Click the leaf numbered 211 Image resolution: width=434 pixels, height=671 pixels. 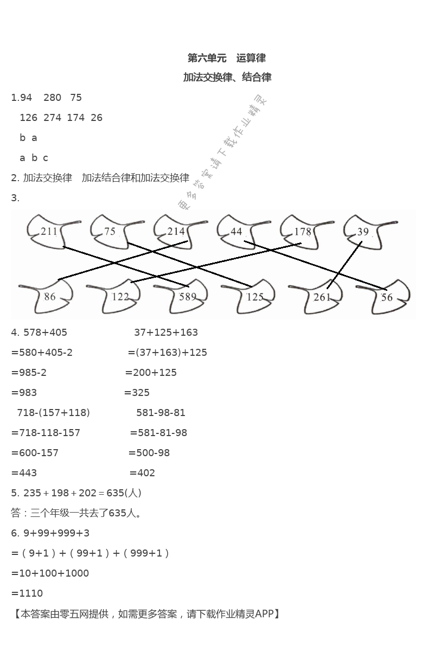tap(48, 232)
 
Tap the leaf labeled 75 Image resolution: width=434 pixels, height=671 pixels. tap(111, 232)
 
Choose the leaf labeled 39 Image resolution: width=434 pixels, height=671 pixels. tap(364, 232)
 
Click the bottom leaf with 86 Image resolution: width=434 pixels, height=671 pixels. tap(49, 297)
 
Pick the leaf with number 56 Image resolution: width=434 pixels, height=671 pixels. tap(388, 297)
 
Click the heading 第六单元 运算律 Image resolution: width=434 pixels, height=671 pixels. tap(226, 58)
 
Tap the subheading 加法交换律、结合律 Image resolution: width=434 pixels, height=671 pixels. tap(227, 77)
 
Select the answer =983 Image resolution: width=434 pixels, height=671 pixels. tap(24, 392)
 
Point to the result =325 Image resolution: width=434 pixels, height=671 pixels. tap(137, 392)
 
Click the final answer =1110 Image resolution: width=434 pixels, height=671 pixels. tap(27, 593)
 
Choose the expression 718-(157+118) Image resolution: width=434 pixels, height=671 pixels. tap(54, 412)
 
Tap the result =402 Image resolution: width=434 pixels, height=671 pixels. tap(142, 472)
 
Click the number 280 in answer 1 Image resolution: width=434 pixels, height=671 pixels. tap(53, 97)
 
